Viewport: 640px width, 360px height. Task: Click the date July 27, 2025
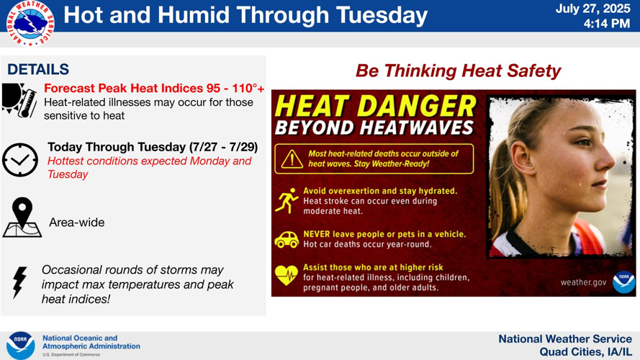tap(593, 9)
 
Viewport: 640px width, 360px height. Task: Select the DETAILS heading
tap(38, 70)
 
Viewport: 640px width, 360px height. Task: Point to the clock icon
tap(19, 159)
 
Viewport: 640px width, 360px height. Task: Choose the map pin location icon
tap(22, 217)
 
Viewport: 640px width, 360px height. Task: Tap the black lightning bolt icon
tap(19, 282)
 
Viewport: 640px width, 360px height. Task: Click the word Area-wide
tap(76, 222)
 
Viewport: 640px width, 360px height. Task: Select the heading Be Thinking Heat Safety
tap(458, 71)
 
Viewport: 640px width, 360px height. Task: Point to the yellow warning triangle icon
tap(292, 158)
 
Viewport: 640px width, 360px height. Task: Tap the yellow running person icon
tap(287, 201)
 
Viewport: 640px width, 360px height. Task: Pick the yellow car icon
tap(287, 239)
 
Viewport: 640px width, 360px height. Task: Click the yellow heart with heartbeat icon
tap(287, 274)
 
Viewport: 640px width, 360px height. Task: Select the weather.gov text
tap(584, 282)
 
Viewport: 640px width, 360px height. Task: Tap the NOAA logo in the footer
tap(21, 345)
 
